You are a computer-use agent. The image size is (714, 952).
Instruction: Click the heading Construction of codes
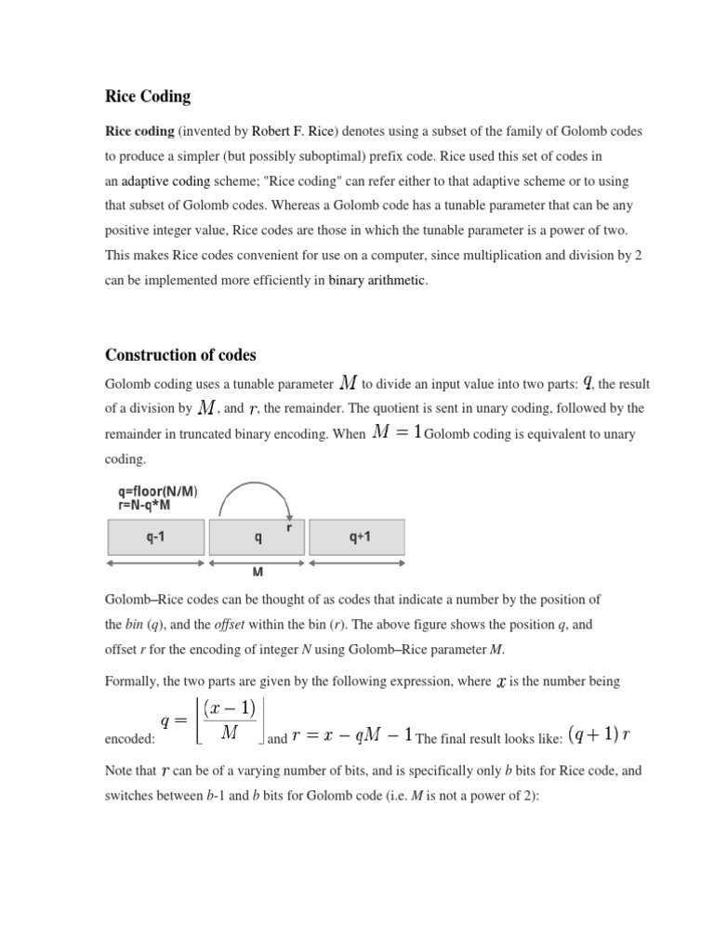point(180,355)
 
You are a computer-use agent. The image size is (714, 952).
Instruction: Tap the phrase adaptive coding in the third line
point(165,180)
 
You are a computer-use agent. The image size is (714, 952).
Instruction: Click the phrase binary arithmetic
point(377,280)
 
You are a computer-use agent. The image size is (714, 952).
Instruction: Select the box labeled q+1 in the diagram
point(357,536)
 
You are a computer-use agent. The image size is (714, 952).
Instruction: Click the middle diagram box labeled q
point(258,536)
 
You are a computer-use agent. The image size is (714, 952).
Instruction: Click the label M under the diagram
point(258,573)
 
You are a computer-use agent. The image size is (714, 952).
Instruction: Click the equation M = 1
point(397,431)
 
